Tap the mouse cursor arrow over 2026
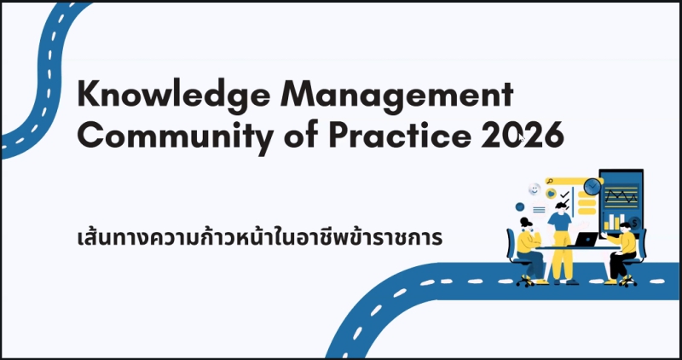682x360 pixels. click(x=522, y=139)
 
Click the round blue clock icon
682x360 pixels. click(x=592, y=187)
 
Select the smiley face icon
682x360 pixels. click(x=535, y=189)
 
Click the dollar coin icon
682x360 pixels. click(x=634, y=224)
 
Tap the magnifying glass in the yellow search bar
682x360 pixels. click(x=550, y=181)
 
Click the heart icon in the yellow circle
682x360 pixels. click(x=552, y=193)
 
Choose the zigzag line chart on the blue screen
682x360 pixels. click(x=621, y=196)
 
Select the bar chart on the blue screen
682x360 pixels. click(x=614, y=222)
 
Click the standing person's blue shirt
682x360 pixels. click(x=559, y=222)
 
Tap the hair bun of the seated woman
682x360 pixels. click(x=523, y=220)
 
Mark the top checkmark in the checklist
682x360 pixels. click(x=565, y=195)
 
